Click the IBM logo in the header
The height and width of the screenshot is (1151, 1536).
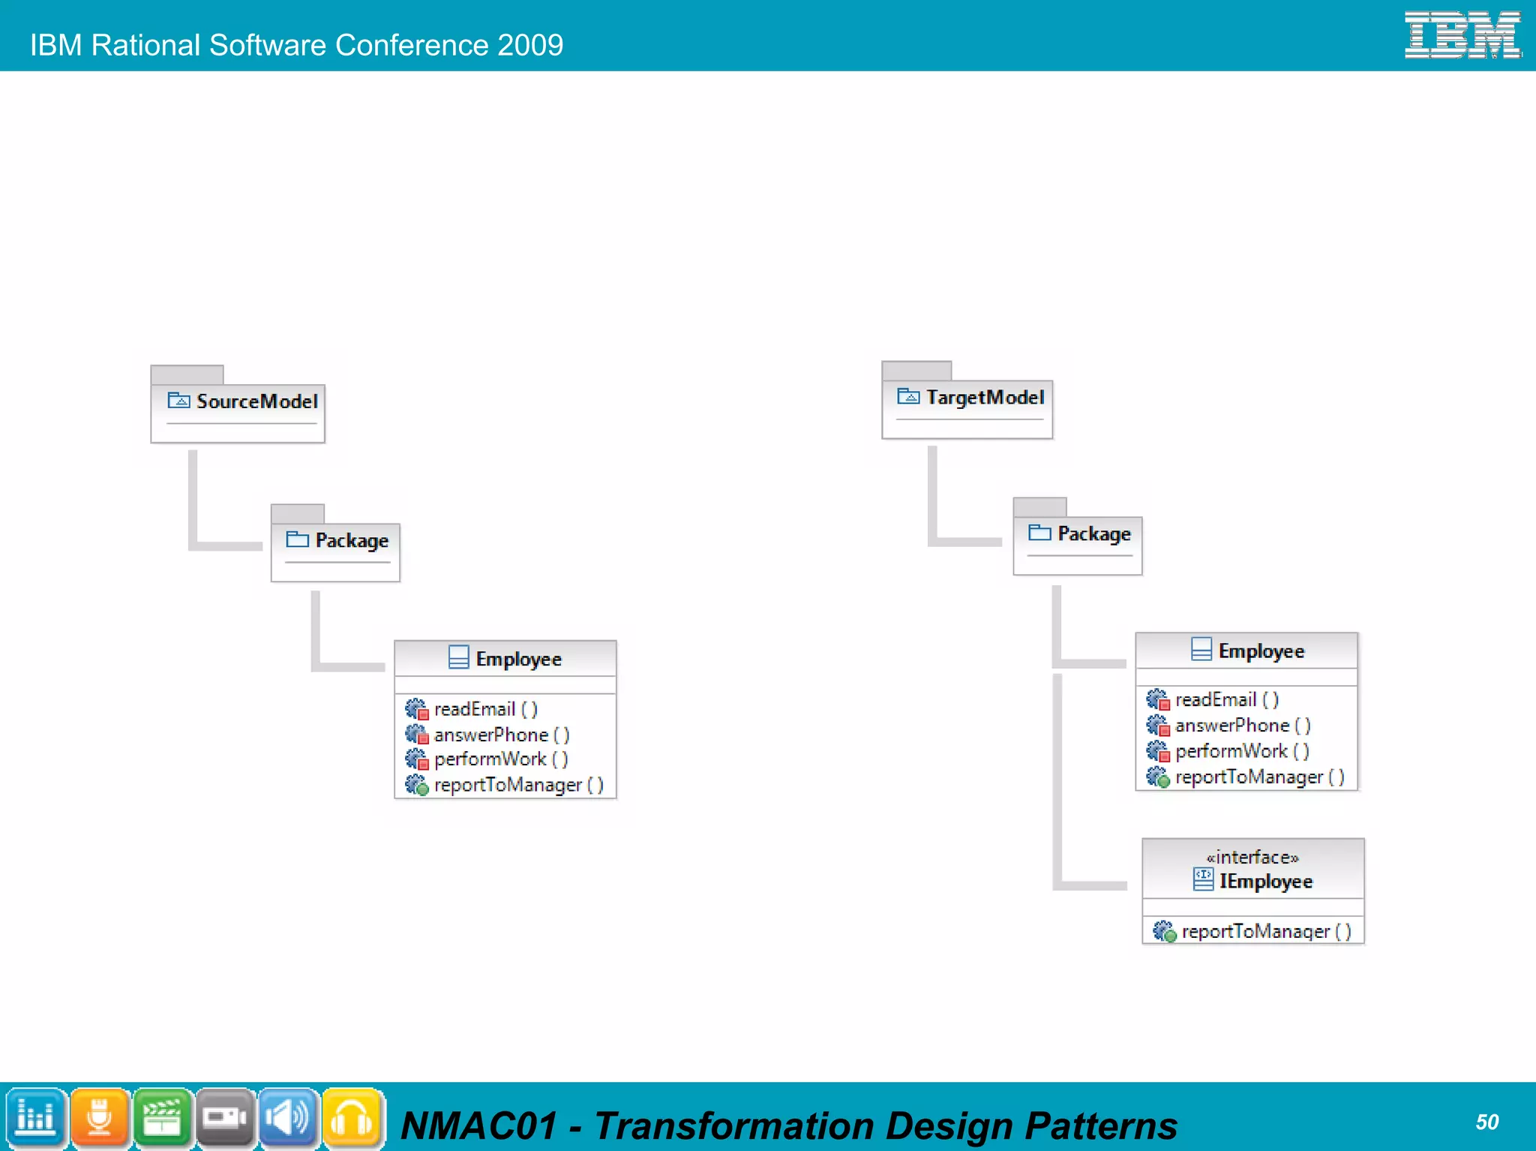(1462, 35)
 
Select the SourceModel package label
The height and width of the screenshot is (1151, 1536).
(256, 401)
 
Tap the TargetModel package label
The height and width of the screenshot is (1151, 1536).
(985, 397)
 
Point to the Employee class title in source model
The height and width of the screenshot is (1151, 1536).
(518, 659)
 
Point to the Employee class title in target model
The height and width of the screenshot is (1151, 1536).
(1261, 651)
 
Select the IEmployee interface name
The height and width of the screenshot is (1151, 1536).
(1265, 881)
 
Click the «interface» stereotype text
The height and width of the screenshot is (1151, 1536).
(1252, 857)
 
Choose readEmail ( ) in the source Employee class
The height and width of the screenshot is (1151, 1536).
(485, 709)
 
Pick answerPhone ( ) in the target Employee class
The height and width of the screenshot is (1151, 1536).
(1242, 726)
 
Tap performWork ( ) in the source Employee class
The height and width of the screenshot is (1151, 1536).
(500, 759)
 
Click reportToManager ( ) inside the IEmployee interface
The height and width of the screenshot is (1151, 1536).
(1266, 931)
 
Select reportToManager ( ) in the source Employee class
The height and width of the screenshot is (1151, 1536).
(518, 785)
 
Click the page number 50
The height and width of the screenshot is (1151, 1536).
(1486, 1122)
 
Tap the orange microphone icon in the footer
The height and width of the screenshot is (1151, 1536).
(99, 1117)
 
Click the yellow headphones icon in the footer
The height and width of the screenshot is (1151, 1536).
(352, 1117)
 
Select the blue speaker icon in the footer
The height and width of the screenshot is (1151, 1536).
(289, 1117)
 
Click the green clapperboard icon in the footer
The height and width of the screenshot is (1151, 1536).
(162, 1117)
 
